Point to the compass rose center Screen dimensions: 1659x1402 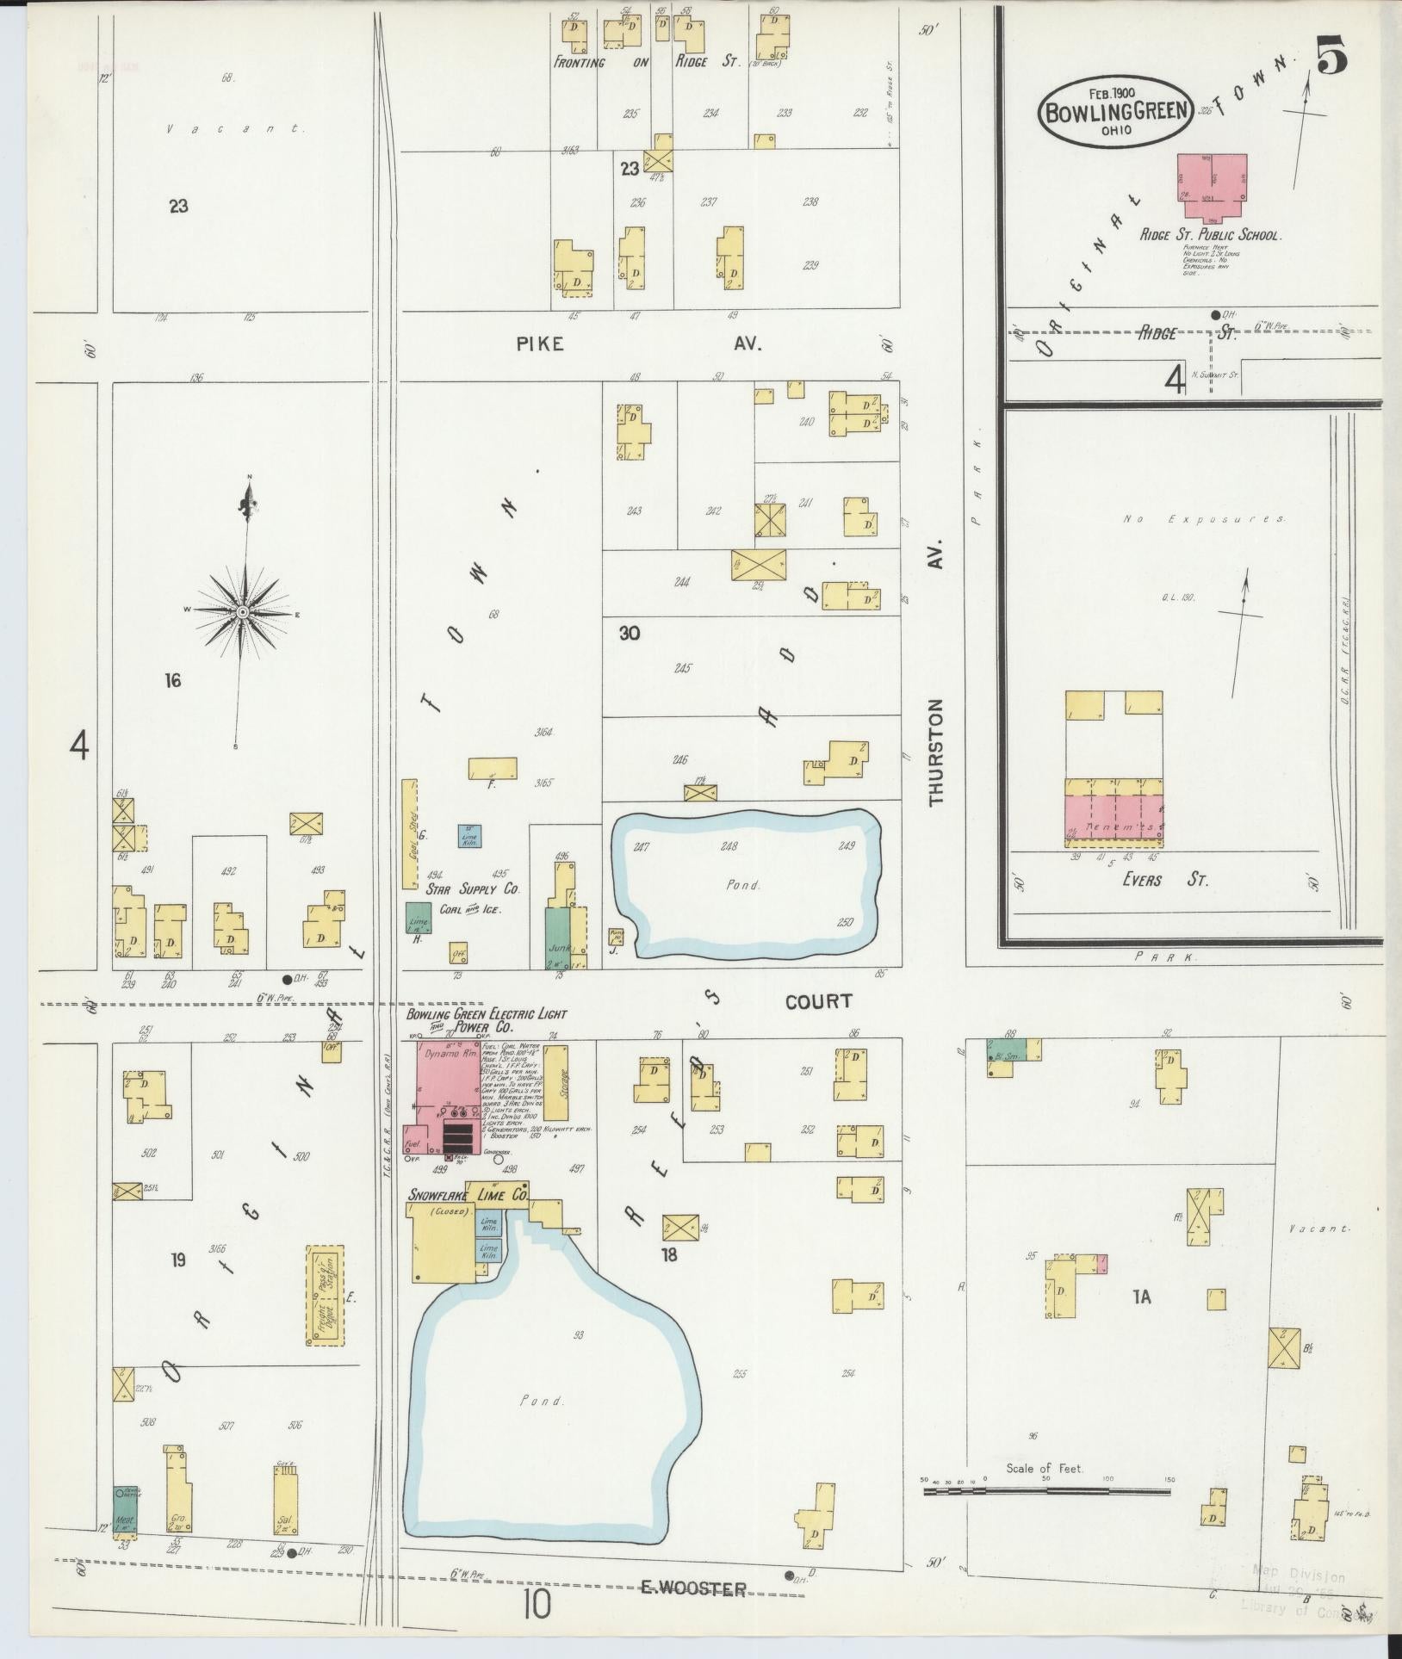(x=243, y=611)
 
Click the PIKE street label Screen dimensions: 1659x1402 (x=540, y=344)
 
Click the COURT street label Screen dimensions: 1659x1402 (x=818, y=1000)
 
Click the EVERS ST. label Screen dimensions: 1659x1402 (x=1153, y=880)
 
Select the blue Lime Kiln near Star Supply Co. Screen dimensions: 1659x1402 (x=469, y=835)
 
